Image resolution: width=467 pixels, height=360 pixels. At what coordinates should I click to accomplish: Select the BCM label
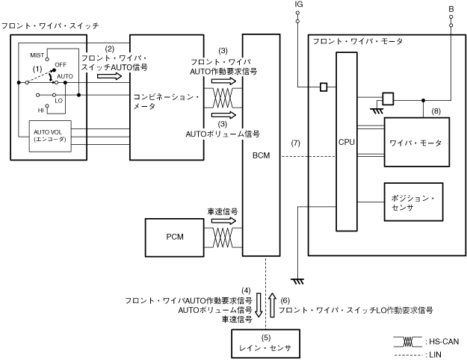coord(261,156)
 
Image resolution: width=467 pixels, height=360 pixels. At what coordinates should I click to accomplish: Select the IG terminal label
coord(299,4)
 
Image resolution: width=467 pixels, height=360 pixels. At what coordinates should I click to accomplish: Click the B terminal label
coord(451,8)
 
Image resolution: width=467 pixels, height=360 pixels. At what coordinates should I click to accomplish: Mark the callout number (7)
coord(296,142)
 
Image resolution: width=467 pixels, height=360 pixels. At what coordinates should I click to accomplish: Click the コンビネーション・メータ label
coord(167,102)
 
